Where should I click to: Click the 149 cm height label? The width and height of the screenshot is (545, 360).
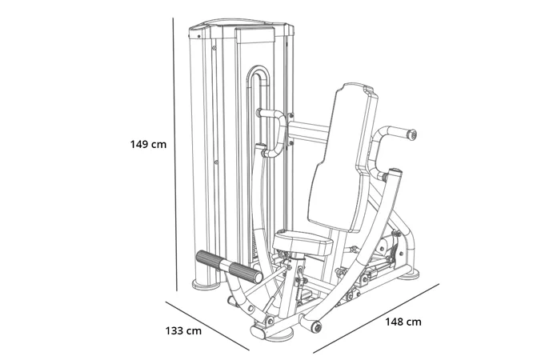coord(148,145)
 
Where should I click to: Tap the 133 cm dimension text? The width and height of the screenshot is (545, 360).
coord(183,330)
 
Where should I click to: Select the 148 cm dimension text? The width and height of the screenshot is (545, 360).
coord(403,322)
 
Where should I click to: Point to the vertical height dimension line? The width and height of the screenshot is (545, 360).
coord(174,152)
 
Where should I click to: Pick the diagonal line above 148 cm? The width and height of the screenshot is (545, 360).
coord(376,318)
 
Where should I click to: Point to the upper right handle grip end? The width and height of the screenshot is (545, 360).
coord(411,134)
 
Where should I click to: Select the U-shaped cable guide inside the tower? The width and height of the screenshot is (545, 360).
coord(257,80)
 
